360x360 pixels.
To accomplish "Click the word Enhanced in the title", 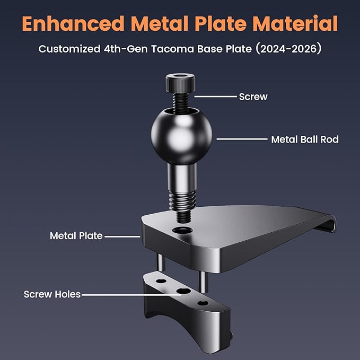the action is [73, 23].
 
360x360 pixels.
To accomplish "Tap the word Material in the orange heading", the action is [295, 23].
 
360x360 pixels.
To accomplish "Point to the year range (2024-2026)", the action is [288, 49].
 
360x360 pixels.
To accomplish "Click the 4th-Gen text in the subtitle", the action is [126, 49].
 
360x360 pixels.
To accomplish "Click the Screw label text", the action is [253, 96].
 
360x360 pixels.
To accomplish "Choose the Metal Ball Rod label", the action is [305, 139].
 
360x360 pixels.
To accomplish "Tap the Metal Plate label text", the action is [76, 236].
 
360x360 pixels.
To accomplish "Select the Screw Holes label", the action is [52, 294].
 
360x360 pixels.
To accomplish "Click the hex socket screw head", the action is [180, 82].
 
